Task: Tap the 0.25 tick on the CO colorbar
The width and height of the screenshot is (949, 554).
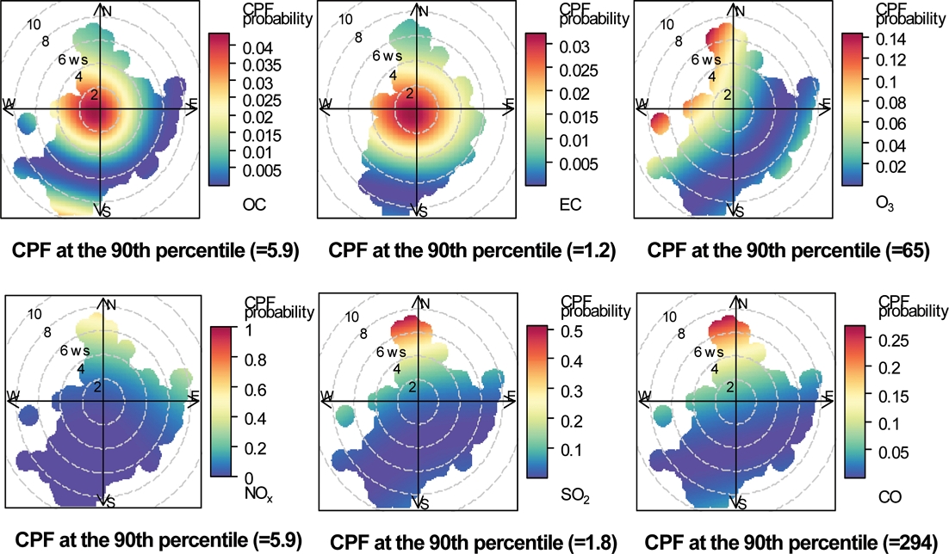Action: pos(888,342)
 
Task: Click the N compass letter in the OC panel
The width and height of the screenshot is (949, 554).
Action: pos(107,11)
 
